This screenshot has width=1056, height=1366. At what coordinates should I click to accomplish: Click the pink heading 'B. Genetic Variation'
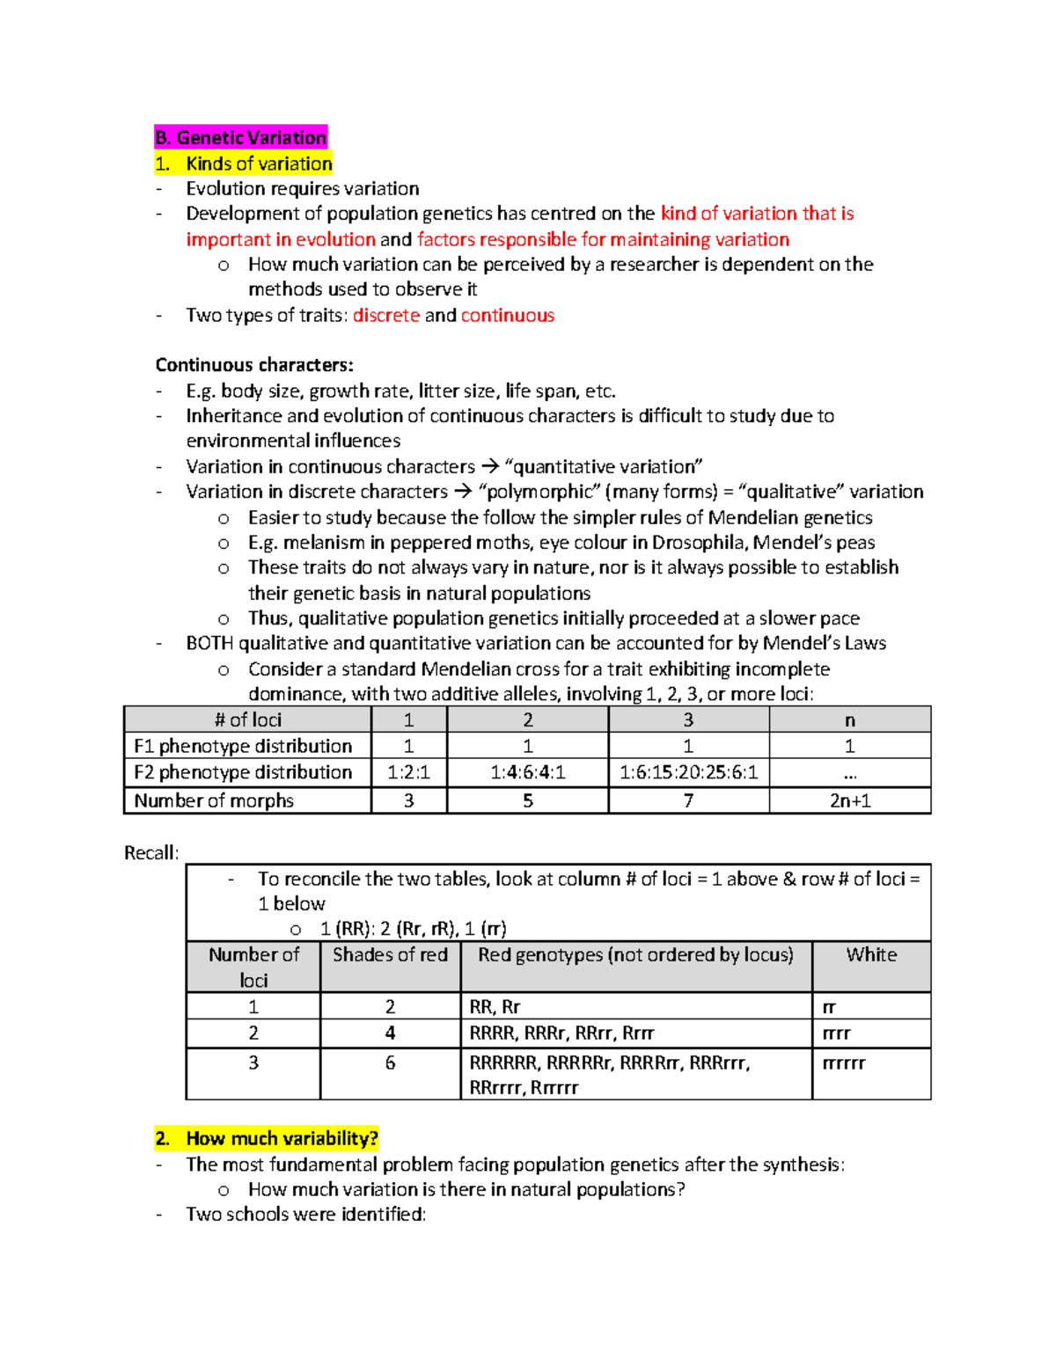coord(241,137)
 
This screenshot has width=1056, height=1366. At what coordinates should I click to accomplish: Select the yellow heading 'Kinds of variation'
coord(259,164)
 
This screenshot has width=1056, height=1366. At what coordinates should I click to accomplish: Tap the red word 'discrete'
coord(386,315)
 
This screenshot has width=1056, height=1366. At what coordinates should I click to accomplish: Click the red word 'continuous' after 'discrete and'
coord(508,315)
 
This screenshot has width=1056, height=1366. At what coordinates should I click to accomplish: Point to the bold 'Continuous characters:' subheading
coord(254,365)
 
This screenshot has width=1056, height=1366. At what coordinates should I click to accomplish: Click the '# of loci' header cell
coord(247,720)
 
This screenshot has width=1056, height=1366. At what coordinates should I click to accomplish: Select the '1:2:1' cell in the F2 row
coord(408,772)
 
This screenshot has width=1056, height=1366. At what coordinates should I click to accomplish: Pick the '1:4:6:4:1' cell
coord(527,772)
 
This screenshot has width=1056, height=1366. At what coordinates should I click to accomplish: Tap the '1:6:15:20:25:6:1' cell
coord(688,772)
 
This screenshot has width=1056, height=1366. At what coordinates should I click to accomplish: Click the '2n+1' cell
coord(849,800)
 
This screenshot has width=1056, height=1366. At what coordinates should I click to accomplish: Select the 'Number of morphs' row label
coord(214,800)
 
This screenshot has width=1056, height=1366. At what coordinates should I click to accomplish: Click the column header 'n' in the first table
coord(849,720)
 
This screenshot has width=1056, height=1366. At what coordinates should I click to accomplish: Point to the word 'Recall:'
coord(151,852)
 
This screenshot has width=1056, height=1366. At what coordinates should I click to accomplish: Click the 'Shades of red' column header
coord(390,955)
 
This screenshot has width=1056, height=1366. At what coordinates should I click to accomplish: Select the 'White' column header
coord(871,955)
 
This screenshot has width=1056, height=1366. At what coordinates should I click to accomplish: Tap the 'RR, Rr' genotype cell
coord(495,1006)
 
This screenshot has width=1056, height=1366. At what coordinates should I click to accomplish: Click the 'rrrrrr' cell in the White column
coord(844,1063)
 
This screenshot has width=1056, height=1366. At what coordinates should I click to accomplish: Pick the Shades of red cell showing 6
coord(390,1063)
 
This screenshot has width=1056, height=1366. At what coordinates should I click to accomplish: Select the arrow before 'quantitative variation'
coord(490,466)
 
